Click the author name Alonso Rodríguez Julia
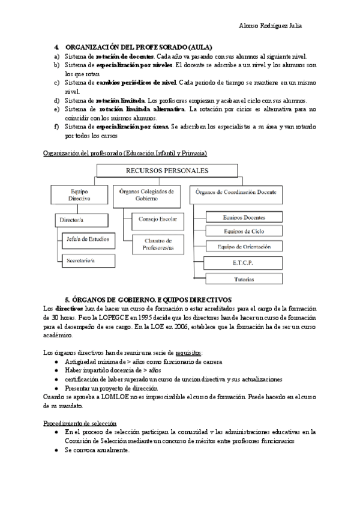pyautogui.click(x=271, y=26)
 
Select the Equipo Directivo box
pyautogui.click(x=80, y=195)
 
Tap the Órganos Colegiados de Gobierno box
pyautogui.click(x=146, y=195)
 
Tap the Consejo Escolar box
pyautogui.click(x=157, y=219)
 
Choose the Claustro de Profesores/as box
pyautogui.click(x=157, y=244)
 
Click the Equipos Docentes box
pyautogui.click(x=244, y=217)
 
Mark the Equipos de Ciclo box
pyautogui.click(x=244, y=232)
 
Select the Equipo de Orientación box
pyautogui.click(x=244, y=247)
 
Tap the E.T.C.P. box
pyautogui.click(x=244, y=262)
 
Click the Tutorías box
pyautogui.click(x=244, y=279)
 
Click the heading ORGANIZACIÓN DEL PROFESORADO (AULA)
pyautogui.click(x=138, y=47)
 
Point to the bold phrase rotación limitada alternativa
pyautogui.click(x=142, y=109)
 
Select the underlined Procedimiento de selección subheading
pyautogui.click(x=80, y=423)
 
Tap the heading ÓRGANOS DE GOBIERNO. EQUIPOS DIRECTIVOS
pyautogui.click(x=148, y=299)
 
